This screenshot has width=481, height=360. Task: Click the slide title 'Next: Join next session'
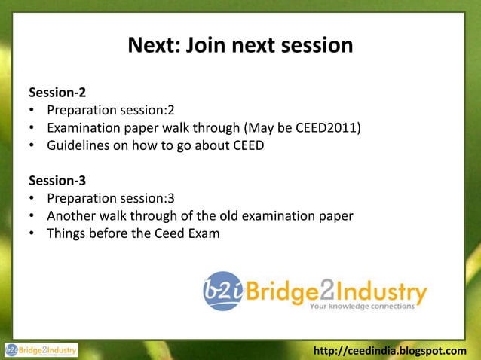[x=240, y=46]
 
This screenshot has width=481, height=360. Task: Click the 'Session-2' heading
[x=57, y=94]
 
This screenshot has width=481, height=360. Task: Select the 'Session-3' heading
[x=57, y=182]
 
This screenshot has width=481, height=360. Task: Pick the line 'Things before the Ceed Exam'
[x=133, y=233]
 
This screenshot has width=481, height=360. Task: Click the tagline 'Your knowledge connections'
[x=362, y=307]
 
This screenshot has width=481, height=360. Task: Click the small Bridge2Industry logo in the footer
[x=41, y=350]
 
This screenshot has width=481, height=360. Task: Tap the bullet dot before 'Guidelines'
[x=33, y=146]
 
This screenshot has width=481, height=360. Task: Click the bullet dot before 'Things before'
[x=33, y=233]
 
